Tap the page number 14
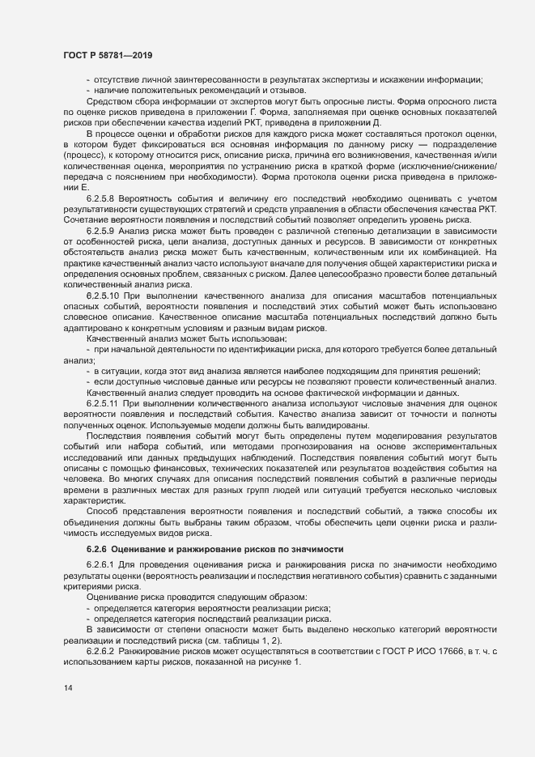(67, 688)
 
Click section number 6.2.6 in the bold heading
(99, 549)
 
